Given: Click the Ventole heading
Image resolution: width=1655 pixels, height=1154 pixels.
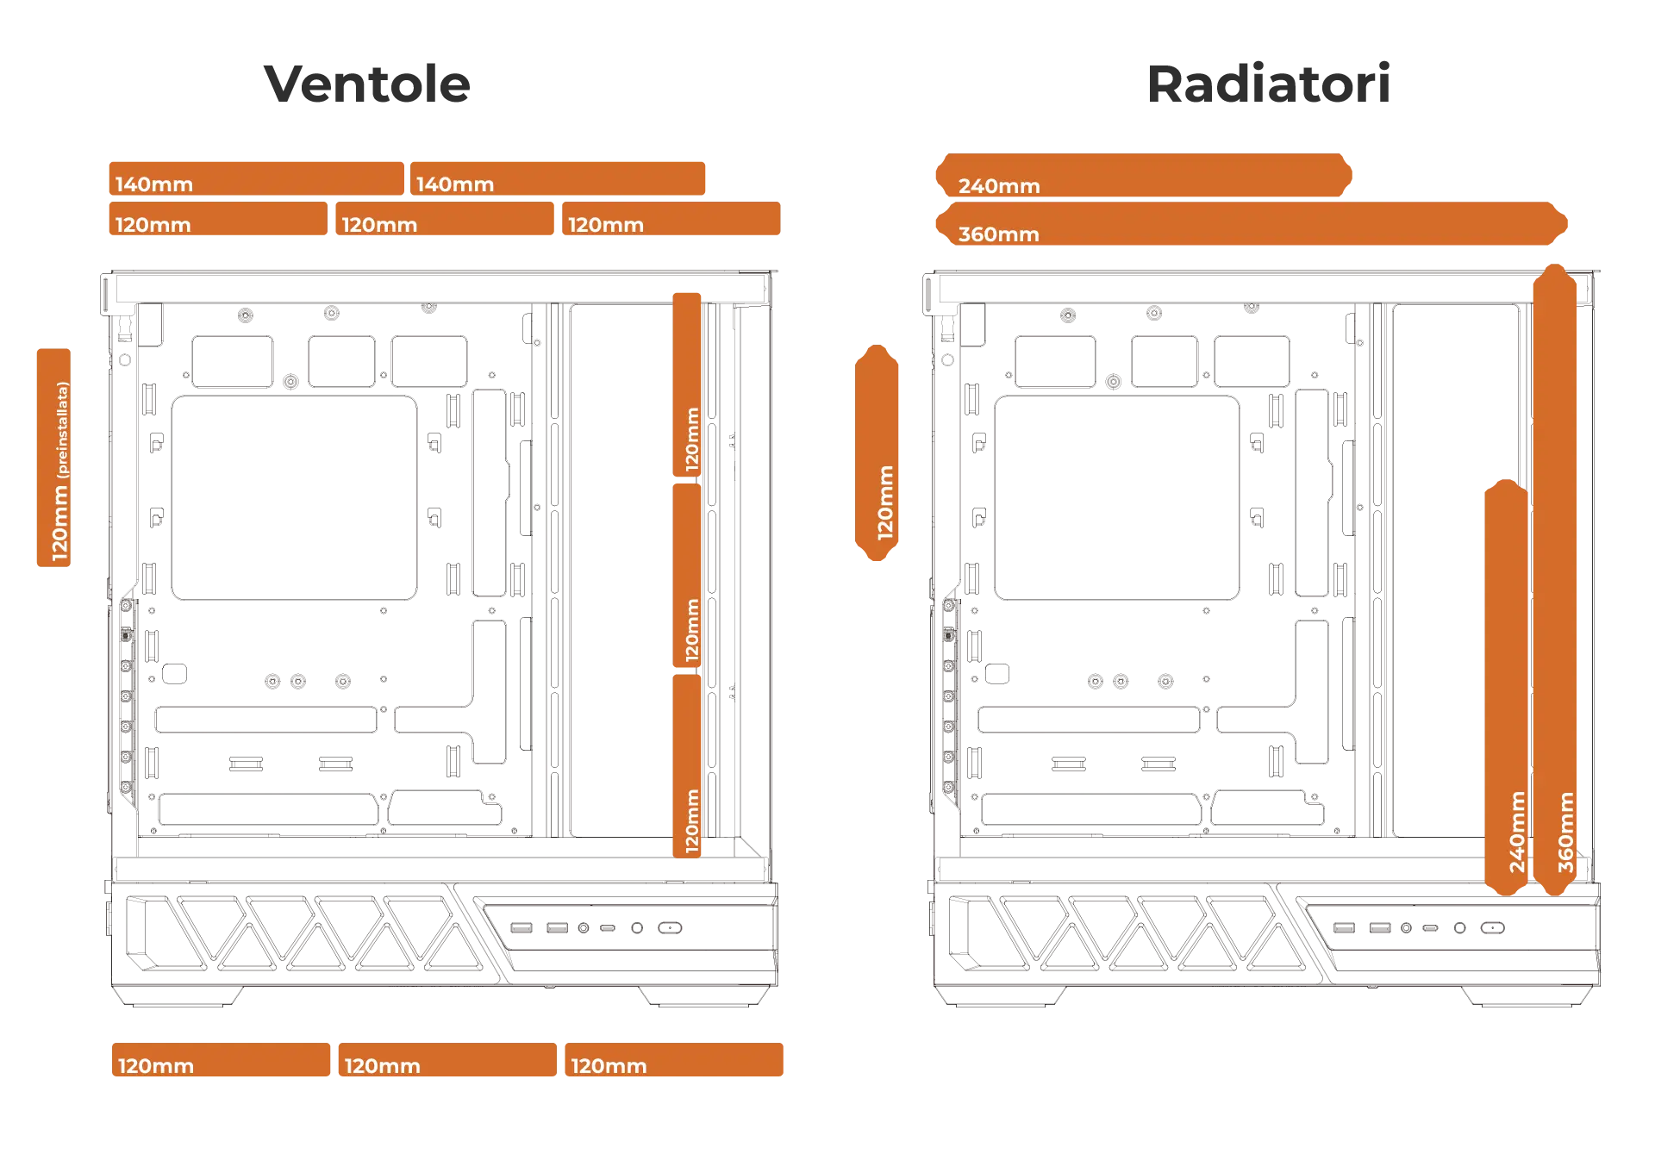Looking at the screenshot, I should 369,84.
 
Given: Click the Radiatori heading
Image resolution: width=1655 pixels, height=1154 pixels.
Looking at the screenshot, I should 1268,84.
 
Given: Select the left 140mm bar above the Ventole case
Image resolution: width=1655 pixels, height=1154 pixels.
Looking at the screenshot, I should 255,178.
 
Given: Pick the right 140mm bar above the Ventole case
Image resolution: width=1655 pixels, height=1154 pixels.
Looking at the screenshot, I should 559,178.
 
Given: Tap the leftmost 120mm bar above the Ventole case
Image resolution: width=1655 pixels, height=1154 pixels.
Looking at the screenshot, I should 218,220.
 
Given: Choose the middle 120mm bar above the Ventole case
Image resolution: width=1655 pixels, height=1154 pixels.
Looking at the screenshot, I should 445,220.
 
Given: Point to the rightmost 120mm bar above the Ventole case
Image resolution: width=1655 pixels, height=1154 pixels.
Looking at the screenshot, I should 671,220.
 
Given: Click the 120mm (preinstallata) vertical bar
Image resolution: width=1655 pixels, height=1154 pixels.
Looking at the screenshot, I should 55,458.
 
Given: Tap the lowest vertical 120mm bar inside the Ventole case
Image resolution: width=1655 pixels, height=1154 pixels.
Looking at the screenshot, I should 687,766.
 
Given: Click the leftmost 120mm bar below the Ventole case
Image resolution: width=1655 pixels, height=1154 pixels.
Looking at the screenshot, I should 221,1061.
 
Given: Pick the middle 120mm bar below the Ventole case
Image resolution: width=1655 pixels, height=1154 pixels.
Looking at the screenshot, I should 447,1061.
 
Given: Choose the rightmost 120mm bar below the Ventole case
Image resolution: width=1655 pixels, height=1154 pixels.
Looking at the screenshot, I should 675,1061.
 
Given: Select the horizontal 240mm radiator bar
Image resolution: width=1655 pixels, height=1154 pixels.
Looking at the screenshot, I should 1144,177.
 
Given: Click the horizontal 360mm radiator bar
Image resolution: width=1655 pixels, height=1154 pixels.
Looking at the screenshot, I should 1251,224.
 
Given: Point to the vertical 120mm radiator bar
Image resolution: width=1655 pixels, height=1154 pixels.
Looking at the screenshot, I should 878,454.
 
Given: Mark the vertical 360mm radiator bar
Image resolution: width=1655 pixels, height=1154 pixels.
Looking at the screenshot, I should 1555,579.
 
